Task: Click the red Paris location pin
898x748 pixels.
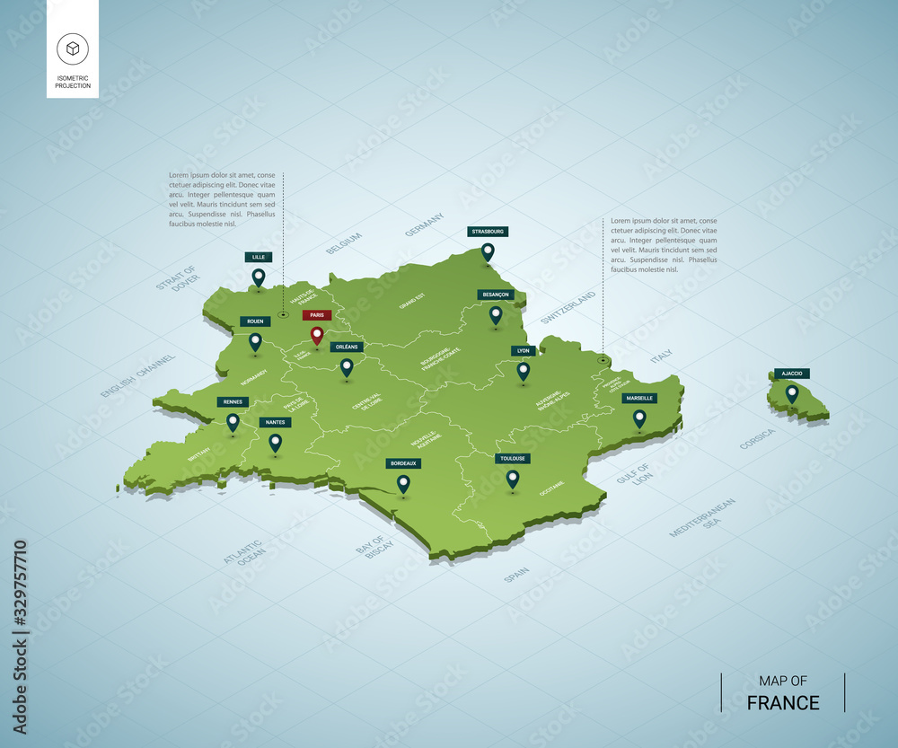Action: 316,335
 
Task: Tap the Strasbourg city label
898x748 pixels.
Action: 488,232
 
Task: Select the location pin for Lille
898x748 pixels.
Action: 259,277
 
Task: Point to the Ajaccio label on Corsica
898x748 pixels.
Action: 792,373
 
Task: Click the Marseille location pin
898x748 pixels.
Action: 639,418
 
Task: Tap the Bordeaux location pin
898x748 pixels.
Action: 403,483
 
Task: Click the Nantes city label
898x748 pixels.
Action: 275,422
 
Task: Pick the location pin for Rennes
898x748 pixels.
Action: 233,421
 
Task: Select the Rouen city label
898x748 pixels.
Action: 255,321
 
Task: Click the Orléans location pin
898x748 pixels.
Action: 347,366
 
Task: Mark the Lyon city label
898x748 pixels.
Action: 524,351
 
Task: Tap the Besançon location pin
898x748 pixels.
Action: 496,314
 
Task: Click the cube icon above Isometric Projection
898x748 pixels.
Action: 72,48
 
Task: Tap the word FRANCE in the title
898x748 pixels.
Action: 783,702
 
